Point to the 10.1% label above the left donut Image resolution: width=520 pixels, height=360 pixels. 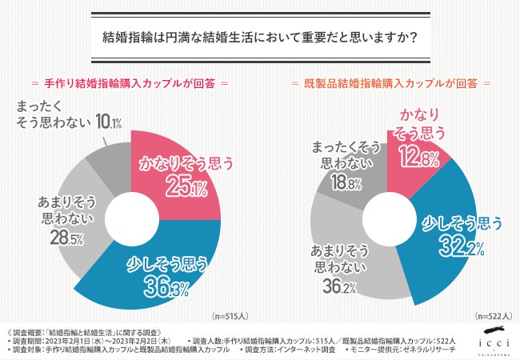[106, 122]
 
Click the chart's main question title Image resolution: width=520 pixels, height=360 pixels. [260, 39]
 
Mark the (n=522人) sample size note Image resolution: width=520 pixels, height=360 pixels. [492, 316]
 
